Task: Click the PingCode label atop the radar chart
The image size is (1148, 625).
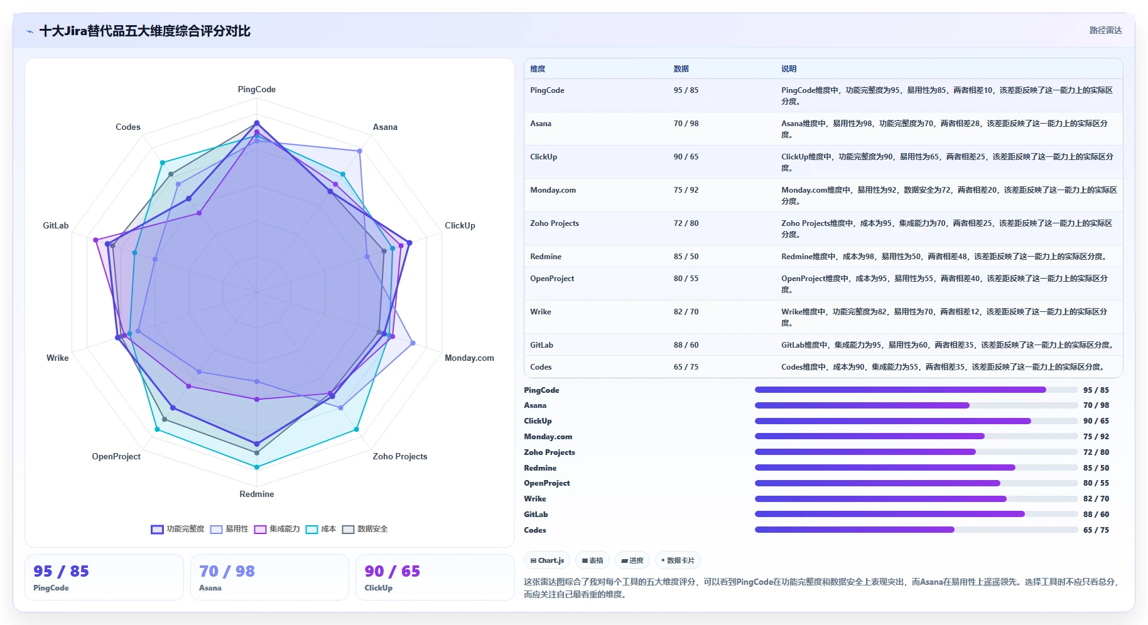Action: [256, 89]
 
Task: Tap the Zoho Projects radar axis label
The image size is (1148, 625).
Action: [399, 456]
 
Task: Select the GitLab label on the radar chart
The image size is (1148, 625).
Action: [55, 225]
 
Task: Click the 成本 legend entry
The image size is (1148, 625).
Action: [321, 529]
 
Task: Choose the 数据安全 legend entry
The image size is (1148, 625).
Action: [365, 529]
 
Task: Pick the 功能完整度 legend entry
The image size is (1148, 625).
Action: [178, 529]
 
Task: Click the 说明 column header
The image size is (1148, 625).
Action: [789, 69]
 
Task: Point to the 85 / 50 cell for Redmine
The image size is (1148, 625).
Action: [686, 257]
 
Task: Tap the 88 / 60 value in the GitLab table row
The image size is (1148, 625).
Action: [686, 345]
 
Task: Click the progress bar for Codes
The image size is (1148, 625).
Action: [916, 530]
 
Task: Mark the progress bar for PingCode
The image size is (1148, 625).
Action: [916, 390]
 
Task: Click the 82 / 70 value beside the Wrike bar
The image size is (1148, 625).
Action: [1096, 499]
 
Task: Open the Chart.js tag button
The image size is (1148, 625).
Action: [547, 560]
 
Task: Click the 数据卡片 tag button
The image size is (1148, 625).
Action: [678, 560]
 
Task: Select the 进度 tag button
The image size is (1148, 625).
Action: [632, 560]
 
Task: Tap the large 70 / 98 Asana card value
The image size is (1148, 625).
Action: [227, 571]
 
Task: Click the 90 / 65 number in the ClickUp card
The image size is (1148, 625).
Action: [393, 571]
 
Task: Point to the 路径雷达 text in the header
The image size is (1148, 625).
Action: [1105, 30]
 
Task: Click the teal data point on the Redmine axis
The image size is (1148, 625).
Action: [256, 467]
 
